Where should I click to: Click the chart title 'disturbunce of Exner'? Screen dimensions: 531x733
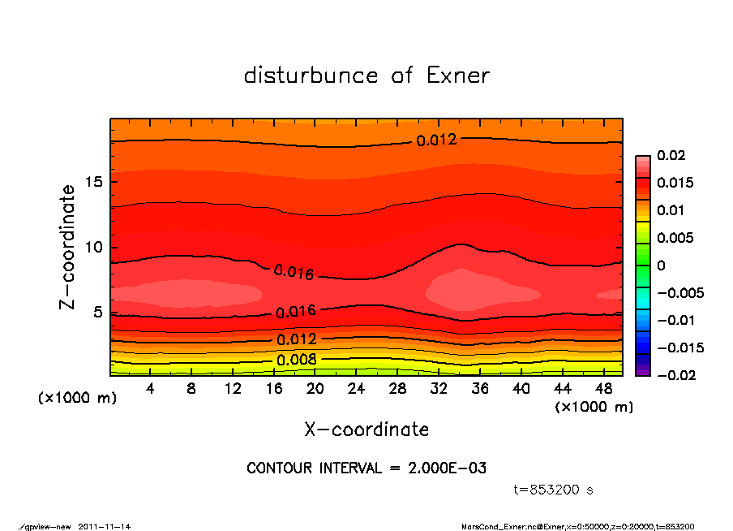pos(366,76)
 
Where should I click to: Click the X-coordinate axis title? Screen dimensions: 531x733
pos(366,429)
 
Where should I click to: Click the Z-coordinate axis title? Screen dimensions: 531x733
pos(68,247)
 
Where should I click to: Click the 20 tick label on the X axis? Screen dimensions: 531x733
pos(315,389)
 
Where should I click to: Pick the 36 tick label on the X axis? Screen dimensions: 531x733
pos(480,389)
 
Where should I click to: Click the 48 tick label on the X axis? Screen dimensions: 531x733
pos(603,389)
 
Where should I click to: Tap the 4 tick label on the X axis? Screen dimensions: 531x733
pos(151,389)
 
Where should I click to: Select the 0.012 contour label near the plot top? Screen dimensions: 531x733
pos(437,140)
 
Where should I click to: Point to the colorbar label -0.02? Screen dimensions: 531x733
pos(675,375)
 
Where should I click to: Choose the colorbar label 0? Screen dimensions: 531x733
pos(661,265)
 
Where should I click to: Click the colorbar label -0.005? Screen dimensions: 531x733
pos(679,292)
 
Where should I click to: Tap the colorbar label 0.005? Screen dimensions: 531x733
pos(675,238)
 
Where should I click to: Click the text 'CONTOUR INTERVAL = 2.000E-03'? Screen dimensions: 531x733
pos(366,468)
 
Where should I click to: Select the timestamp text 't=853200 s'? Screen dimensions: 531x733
pos(554,490)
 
